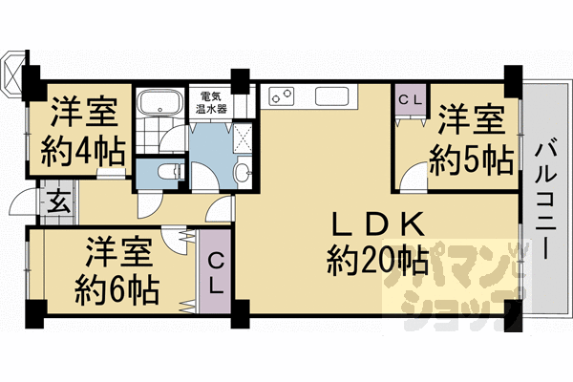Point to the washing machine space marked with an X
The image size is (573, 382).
[240, 138]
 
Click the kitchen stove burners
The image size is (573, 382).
[280, 95]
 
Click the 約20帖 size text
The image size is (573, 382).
[375, 257]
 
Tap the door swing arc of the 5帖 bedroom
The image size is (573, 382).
[413, 178]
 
